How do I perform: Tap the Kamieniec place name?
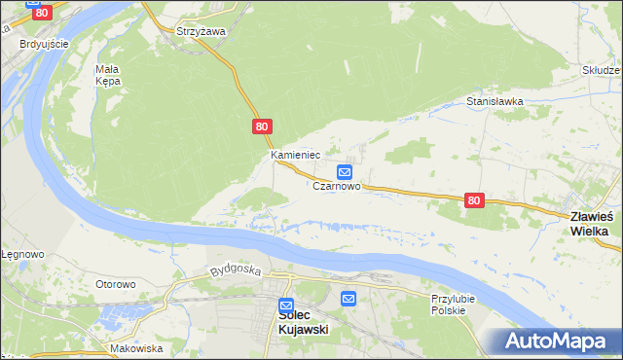pyautogui.click(x=295, y=155)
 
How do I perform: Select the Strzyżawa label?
pyautogui.click(x=201, y=31)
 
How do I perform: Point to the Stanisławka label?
pyautogui.click(x=495, y=101)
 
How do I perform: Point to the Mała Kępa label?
pyautogui.click(x=108, y=75)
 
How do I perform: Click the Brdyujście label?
pyautogui.click(x=44, y=44)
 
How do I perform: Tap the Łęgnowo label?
pyautogui.click(x=21, y=254)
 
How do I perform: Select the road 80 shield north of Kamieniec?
pyautogui.click(x=261, y=126)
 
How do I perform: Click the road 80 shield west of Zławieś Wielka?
pyautogui.click(x=474, y=199)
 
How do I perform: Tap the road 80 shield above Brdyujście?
pyautogui.click(x=40, y=12)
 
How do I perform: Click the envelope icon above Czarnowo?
pyautogui.click(x=344, y=171)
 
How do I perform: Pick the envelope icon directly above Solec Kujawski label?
pyautogui.click(x=286, y=304)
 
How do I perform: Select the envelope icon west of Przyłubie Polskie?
pyautogui.click(x=348, y=298)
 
